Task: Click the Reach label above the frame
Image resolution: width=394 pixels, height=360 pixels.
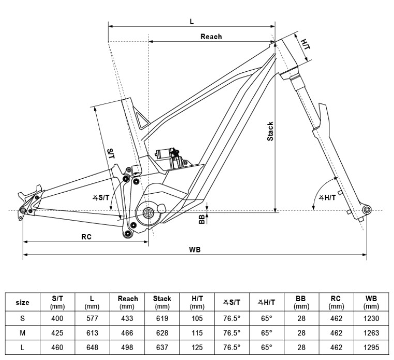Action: click(x=211, y=37)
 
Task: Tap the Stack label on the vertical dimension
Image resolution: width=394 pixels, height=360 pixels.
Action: click(x=269, y=132)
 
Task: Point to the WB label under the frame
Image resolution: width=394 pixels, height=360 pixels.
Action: click(x=195, y=250)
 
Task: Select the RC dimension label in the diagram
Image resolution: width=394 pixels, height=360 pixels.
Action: click(x=86, y=237)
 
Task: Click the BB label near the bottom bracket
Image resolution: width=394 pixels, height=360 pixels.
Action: click(x=202, y=220)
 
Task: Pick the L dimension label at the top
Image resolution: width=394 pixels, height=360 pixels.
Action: click(x=192, y=21)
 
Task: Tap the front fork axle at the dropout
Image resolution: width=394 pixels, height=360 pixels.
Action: click(x=367, y=210)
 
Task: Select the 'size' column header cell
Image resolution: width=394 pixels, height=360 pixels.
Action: click(x=23, y=302)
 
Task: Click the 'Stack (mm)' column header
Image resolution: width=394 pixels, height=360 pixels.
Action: click(x=162, y=302)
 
